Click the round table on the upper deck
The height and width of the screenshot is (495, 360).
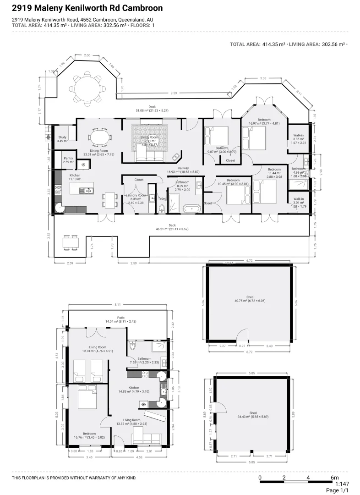tap(87, 85)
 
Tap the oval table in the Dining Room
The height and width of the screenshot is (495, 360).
tap(99, 137)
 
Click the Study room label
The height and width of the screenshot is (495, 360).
tap(62, 137)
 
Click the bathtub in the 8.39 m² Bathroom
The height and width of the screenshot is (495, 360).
tap(191, 209)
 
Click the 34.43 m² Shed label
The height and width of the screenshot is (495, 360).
tap(253, 412)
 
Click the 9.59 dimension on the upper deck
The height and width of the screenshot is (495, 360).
tap(173, 93)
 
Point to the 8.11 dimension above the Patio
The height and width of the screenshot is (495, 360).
tap(118, 304)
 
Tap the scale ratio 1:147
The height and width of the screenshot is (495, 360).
tap(343, 484)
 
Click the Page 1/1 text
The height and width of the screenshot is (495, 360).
tap(338, 490)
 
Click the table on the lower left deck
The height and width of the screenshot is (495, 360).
tap(71, 242)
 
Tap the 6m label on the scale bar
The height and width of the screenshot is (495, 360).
tap(334, 478)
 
